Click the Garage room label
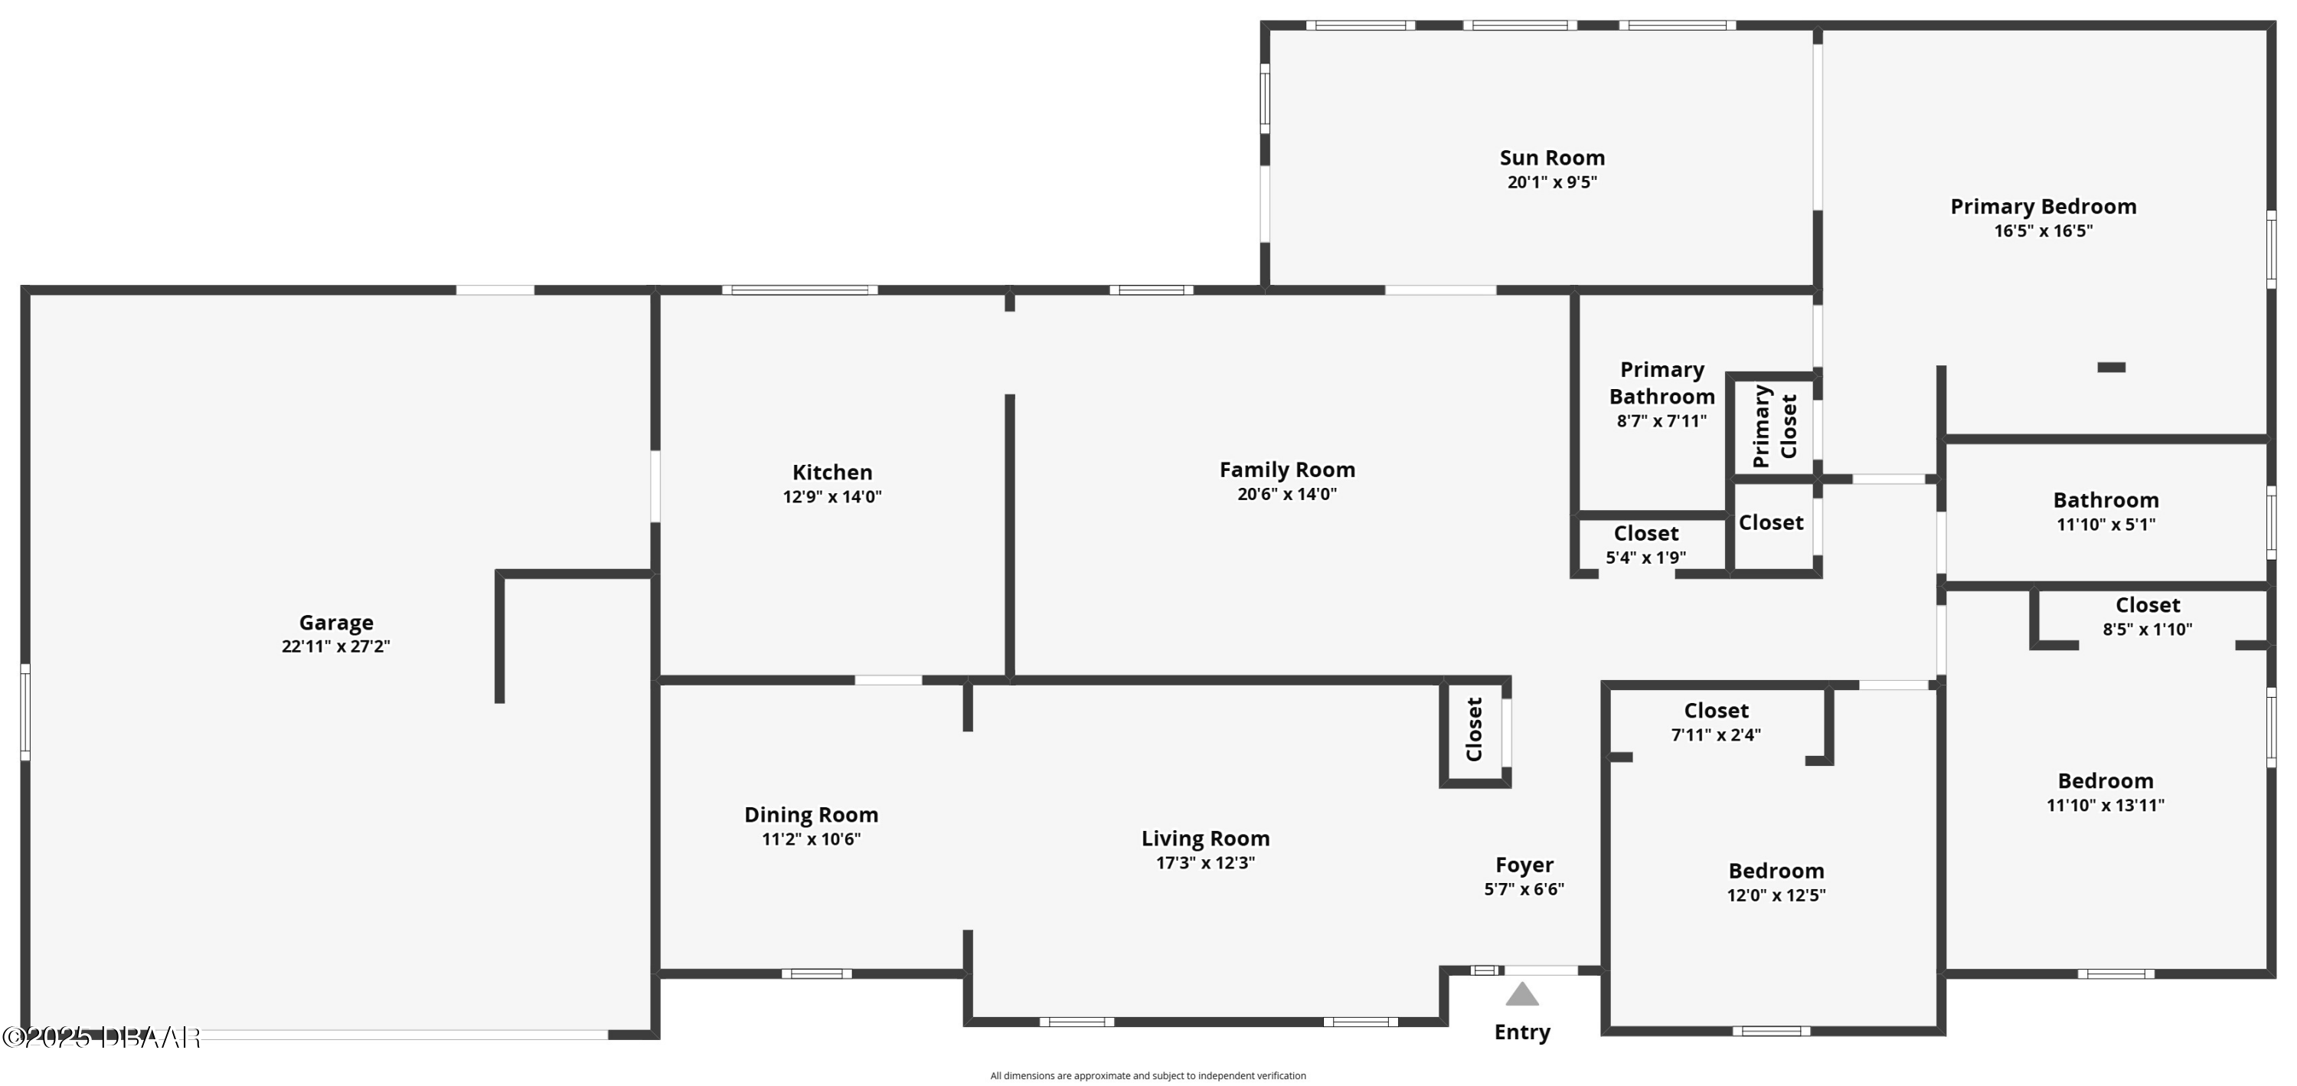point(335,623)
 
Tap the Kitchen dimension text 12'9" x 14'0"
point(832,496)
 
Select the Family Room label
point(1287,470)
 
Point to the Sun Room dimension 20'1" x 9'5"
point(1551,182)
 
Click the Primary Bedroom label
point(2043,207)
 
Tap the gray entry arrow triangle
point(1522,994)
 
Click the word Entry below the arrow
point(1522,1032)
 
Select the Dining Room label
point(811,815)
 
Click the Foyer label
point(1524,865)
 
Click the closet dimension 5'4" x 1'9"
point(1645,558)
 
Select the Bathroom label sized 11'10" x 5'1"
point(2106,500)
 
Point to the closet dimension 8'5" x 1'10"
point(2147,630)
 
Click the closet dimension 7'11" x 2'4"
point(1716,734)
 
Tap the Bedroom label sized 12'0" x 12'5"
point(1776,871)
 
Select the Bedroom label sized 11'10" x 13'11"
point(2106,781)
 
